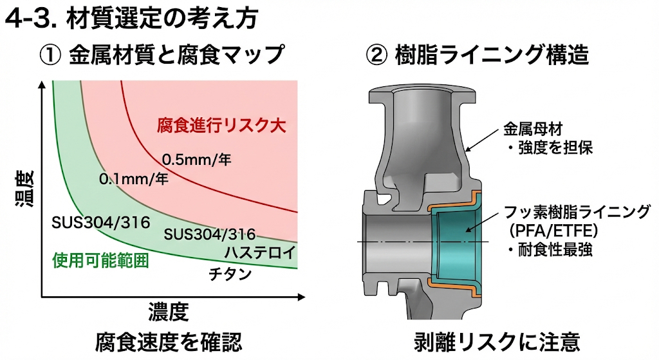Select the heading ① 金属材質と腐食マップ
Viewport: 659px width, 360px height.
click(x=162, y=55)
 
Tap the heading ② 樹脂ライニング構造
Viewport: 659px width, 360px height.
click(x=477, y=55)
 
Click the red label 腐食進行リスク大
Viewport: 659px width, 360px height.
click(x=221, y=124)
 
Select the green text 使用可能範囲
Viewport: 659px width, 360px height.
click(x=99, y=261)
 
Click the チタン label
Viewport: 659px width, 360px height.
click(x=230, y=274)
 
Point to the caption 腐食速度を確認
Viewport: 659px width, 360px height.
click(x=168, y=341)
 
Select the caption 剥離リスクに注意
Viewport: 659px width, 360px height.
click(x=497, y=341)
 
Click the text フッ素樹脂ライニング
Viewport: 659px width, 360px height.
click(x=577, y=212)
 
